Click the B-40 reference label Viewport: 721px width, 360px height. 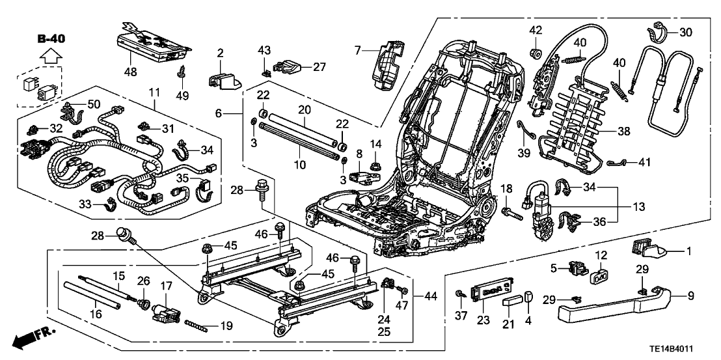point(49,40)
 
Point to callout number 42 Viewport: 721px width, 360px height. point(535,30)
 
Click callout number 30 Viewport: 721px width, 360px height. point(685,32)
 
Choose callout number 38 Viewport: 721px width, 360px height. point(624,131)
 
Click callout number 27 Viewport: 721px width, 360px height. point(318,66)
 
